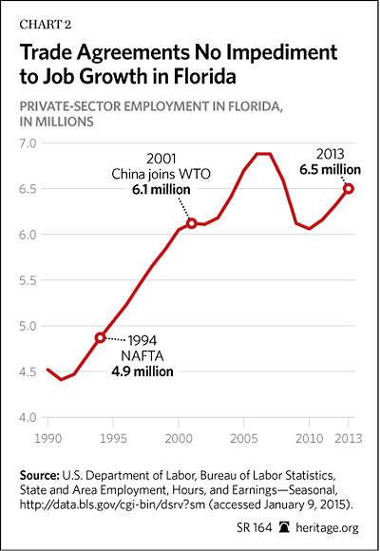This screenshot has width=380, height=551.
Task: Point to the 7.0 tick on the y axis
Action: tap(28, 143)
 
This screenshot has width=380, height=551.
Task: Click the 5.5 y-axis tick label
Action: tap(28, 280)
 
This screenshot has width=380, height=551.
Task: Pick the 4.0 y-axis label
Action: tap(28, 418)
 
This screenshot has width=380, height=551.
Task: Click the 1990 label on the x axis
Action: tap(48, 438)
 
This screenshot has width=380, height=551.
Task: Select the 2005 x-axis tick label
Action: tap(244, 438)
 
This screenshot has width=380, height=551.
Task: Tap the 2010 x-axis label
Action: tap(309, 438)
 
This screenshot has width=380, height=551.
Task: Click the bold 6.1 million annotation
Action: tap(161, 190)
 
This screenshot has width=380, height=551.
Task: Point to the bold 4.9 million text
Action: tap(142, 371)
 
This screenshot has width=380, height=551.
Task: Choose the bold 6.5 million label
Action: tap(330, 170)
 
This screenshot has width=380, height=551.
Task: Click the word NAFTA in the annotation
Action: tap(142, 356)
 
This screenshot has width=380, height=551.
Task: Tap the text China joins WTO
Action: tap(161, 174)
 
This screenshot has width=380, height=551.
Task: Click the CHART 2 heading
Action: tap(46, 25)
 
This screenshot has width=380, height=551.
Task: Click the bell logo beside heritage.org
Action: tap(284, 527)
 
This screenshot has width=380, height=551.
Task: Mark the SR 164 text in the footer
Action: tap(255, 527)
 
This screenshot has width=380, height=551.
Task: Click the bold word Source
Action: tap(39, 475)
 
